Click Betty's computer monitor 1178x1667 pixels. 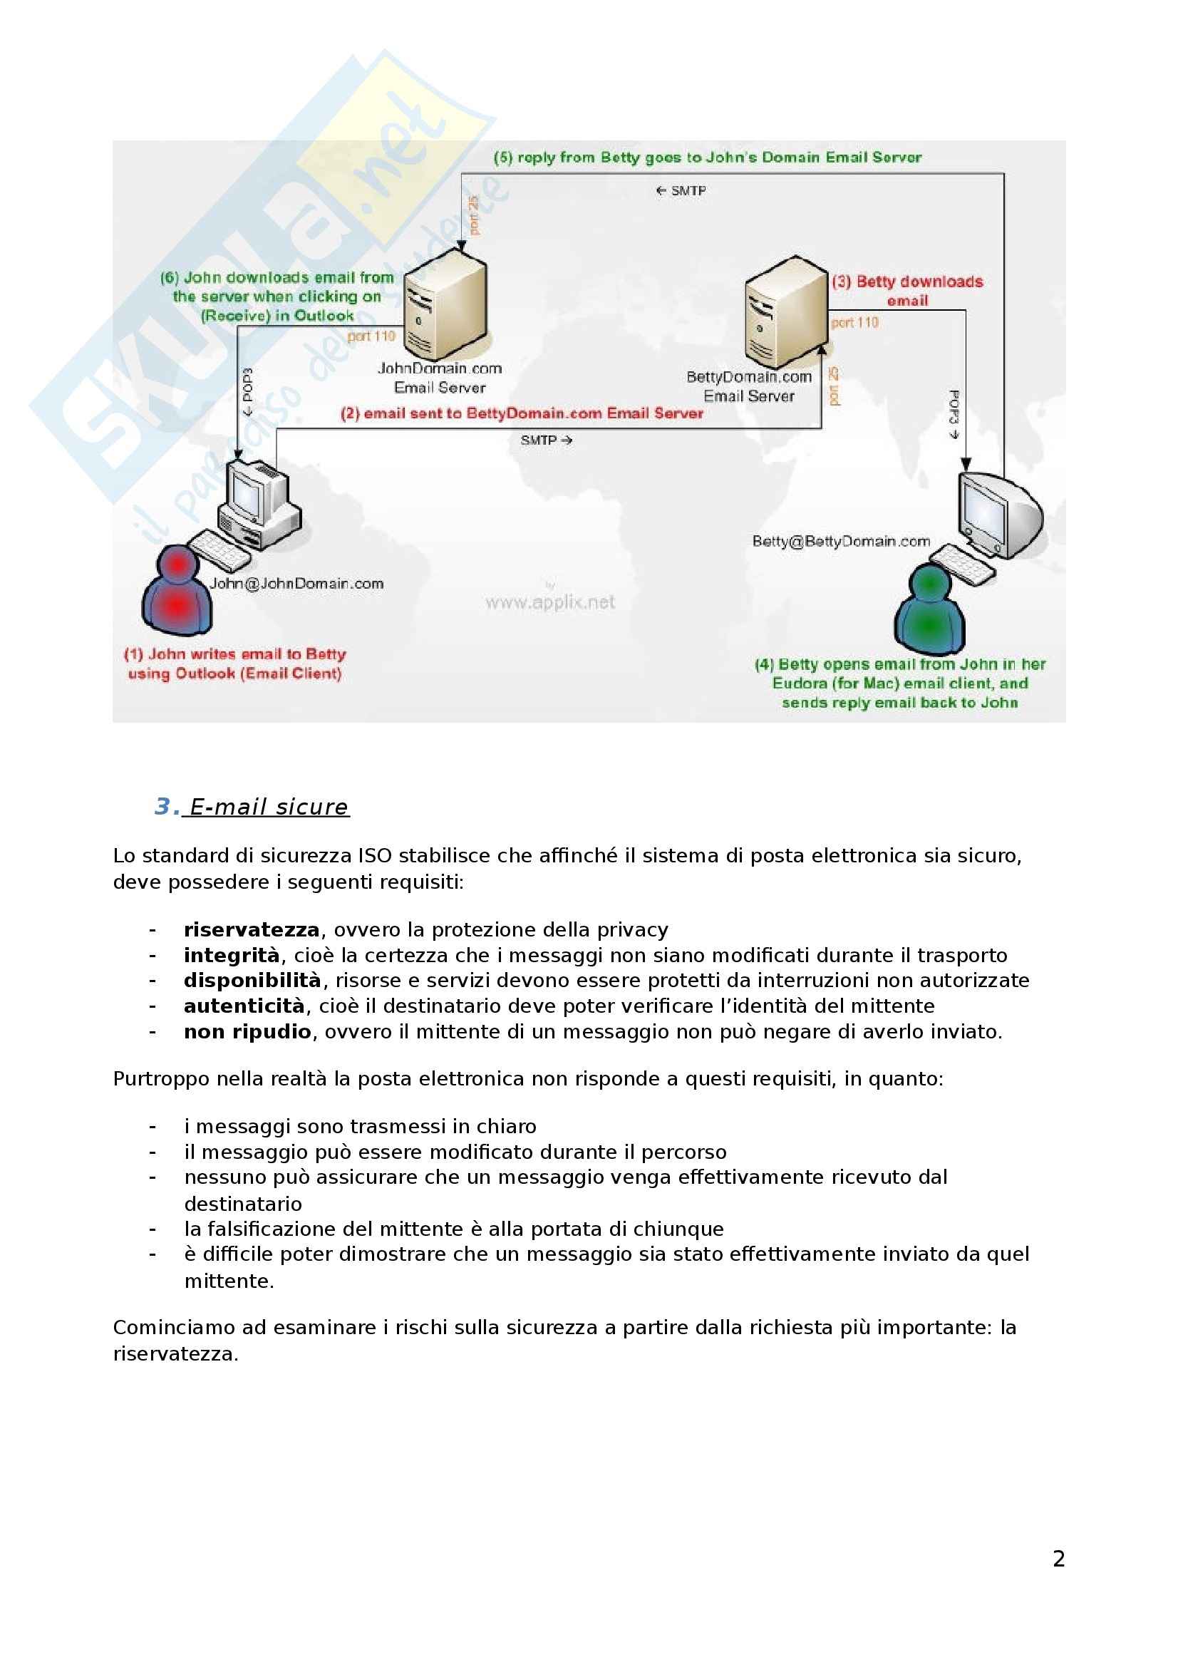(x=998, y=512)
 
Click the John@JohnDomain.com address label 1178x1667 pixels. (x=296, y=584)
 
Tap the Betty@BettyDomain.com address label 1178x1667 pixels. (x=840, y=542)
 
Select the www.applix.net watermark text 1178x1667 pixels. (x=549, y=603)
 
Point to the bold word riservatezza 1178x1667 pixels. (x=251, y=930)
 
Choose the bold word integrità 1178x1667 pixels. (x=232, y=956)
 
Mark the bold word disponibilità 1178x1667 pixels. (x=252, y=981)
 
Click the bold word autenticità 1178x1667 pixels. (x=244, y=1006)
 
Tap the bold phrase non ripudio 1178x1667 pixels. (x=247, y=1032)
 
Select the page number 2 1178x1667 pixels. (x=1058, y=1559)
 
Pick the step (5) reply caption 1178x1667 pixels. (x=707, y=158)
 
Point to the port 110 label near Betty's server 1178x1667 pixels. (x=855, y=322)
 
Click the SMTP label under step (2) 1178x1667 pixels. (x=546, y=440)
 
